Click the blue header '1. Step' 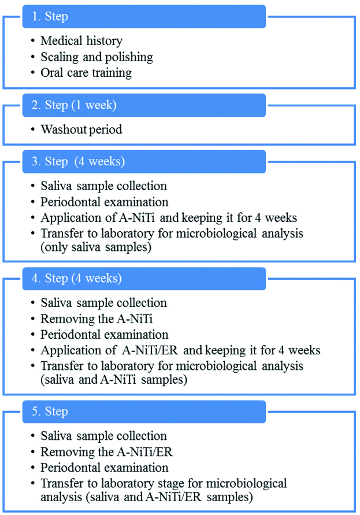[x=144, y=17]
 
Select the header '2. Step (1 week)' [x=144, y=106]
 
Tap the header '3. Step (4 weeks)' [x=144, y=162]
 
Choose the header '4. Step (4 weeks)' [x=144, y=279]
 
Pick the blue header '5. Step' [x=144, y=412]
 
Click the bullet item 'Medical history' [x=81, y=41]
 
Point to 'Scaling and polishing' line [x=97, y=57]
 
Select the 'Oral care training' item [x=86, y=73]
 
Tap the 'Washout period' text [x=81, y=129]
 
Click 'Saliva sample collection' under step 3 [x=103, y=186]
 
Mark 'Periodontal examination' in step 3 [x=105, y=202]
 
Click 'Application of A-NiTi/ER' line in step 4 [x=180, y=350]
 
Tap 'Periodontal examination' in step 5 [x=105, y=467]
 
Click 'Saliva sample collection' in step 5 [x=103, y=436]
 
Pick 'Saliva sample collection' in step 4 [x=103, y=303]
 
